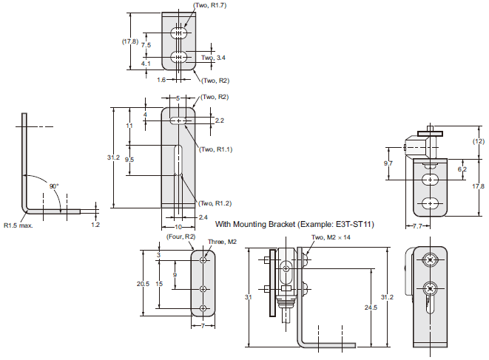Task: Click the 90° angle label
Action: pyautogui.click(x=54, y=186)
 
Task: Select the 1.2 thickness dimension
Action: pyautogui.click(x=95, y=224)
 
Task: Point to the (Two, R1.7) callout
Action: pyautogui.click(x=211, y=6)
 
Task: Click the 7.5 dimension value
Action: pyautogui.click(x=146, y=45)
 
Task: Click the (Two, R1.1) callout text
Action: pyautogui.click(x=216, y=149)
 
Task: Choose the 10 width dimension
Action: pyautogui.click(x=178, y=227)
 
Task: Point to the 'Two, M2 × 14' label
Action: pyautogui.click(x=331, y=237)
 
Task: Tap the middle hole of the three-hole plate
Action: pyautogui.click(x=203, y=288)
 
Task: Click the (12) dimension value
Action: pyautogui.click(x=479, y=141)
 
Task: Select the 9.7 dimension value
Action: pyautogui.click(x=388, y=163)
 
